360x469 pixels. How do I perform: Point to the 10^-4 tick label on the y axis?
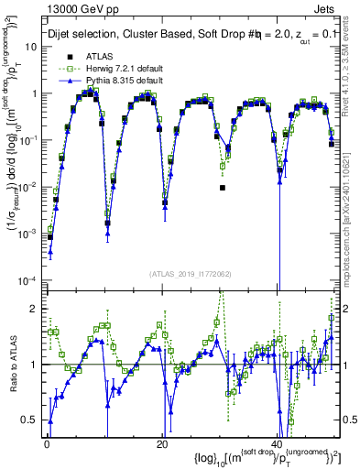coord(28,280)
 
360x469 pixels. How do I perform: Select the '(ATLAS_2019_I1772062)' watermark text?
coord(191,274)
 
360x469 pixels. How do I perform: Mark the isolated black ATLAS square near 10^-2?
coord(223,187)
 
